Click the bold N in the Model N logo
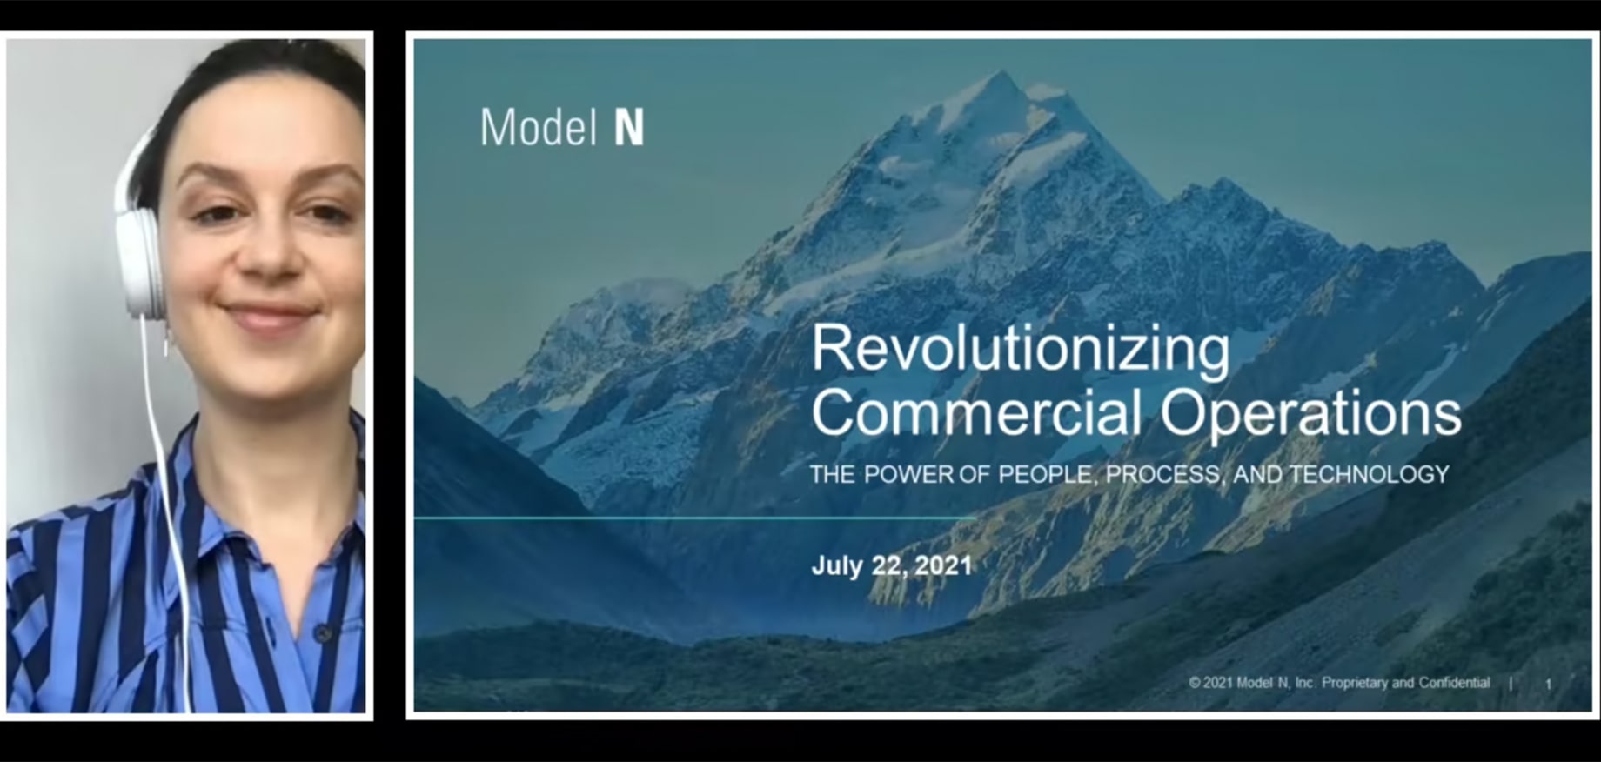coord(629,128)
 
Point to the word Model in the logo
coord(538,127)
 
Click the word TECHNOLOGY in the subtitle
coord(1369,474)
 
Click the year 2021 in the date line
coord(943,565)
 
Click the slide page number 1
coord(1548,685)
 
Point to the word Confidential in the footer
coord(1454,683)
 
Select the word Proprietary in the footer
coord(1355,683)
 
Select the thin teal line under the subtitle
coord(695,518)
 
